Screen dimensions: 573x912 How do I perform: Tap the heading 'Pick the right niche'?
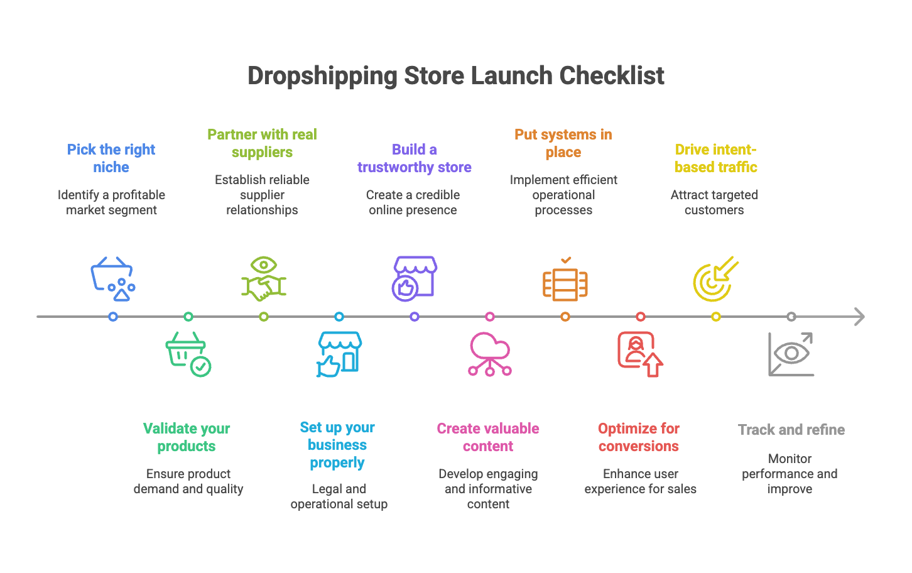point(111,158)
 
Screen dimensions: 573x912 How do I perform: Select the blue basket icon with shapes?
point(113,278)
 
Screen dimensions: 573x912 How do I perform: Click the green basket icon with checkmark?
point(188,354)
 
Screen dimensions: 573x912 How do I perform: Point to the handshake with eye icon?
point(264,278)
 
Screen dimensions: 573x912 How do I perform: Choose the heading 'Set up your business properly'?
point(337,445)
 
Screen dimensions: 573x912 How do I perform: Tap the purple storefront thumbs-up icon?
point(415,277)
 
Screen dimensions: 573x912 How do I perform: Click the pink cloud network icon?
point(490,354)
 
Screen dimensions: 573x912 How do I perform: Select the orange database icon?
point(565,281)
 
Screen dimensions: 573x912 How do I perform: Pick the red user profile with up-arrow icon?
point(640,354)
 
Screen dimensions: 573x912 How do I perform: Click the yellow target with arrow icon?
point(715,279)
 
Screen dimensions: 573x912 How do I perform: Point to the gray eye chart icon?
point(791,354)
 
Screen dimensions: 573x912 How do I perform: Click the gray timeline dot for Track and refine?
point(791,317)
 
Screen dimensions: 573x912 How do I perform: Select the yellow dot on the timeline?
point(716,317)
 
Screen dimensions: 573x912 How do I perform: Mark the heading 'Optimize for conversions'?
point(639,437)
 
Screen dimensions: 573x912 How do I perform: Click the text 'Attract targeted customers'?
point(714,202)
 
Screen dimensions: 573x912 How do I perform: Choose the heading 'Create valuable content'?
point(488,437)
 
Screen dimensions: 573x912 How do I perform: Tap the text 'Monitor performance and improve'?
point(790,474)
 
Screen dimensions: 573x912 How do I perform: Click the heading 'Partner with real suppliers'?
point(262,143)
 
